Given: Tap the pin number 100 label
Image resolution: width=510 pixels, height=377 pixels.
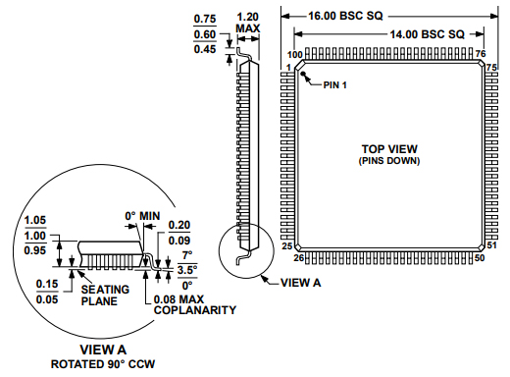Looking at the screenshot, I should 294,54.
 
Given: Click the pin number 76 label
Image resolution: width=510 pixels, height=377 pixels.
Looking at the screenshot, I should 481,54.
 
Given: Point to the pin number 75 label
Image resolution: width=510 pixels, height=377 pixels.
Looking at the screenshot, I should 492,66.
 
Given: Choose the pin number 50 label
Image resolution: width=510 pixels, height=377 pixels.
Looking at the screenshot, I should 480,258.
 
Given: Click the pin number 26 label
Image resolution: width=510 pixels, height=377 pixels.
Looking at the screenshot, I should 298,258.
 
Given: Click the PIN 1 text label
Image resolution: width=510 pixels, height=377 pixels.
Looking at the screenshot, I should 335,84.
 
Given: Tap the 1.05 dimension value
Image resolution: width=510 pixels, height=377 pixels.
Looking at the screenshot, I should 35,220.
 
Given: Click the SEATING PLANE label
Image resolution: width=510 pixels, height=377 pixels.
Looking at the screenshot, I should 99,295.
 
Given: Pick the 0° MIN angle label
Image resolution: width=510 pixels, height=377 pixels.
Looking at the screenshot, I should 142,216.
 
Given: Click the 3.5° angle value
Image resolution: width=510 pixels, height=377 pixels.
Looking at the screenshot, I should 186,266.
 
